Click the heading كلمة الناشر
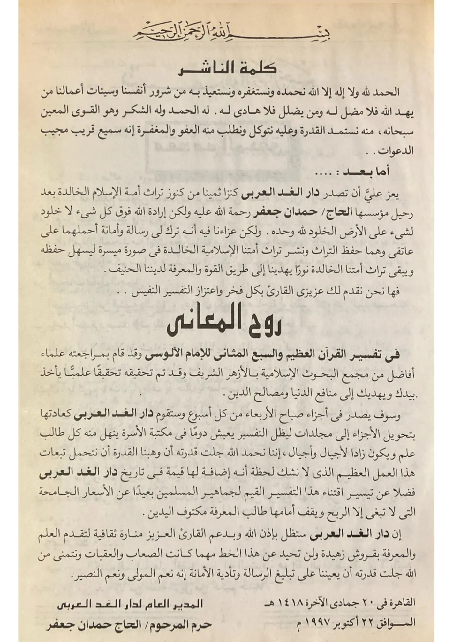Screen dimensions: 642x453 click(x=227, y=69)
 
